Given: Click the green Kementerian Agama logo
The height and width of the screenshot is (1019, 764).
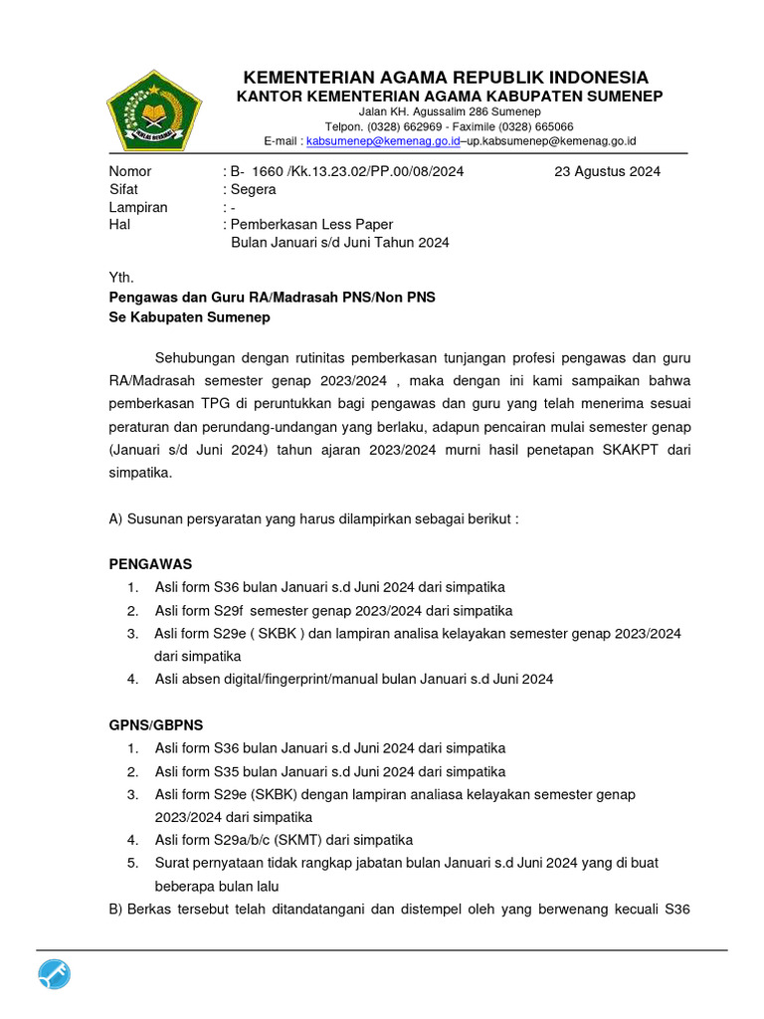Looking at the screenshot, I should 153,106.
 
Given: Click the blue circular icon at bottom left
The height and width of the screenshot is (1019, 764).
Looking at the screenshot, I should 55,976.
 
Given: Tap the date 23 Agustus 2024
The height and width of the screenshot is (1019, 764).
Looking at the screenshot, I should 607,171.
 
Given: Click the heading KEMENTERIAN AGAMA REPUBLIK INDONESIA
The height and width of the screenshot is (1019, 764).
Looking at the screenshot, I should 447,78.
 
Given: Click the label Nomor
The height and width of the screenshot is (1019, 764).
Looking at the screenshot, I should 130,171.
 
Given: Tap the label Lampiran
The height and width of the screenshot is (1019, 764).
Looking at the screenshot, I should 138,207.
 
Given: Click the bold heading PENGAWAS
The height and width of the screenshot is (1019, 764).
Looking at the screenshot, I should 150,564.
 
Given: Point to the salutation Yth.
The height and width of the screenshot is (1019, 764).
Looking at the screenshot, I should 120,278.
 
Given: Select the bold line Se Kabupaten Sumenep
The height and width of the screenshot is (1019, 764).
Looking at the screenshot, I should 189,317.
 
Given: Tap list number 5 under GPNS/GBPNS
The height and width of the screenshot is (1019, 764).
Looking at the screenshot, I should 132,863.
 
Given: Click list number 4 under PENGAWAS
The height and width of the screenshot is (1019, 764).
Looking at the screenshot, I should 132,679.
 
